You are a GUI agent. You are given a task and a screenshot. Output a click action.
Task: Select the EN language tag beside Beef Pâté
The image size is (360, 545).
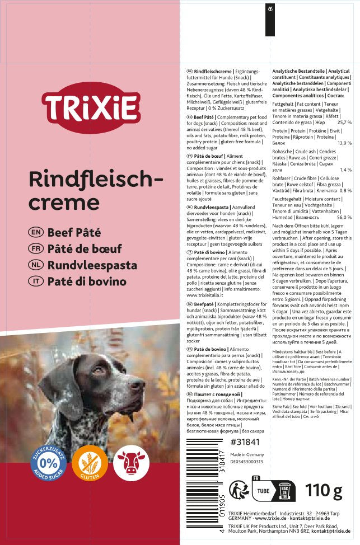[34, 231]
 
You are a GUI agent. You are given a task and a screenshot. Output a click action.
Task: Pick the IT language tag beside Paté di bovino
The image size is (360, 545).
[34, 281]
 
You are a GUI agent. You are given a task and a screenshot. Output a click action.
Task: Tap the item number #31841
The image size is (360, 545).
[246, 442]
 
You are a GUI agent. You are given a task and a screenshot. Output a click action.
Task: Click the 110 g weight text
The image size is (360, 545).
[324, 492]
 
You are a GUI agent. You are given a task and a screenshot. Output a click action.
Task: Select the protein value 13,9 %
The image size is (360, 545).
[344, 143]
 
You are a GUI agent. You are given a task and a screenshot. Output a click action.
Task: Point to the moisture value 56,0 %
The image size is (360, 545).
[344, 217]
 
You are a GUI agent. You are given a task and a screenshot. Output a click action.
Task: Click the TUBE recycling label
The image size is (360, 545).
[263, 491]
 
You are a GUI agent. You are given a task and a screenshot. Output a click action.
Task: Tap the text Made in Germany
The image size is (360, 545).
[247, 454]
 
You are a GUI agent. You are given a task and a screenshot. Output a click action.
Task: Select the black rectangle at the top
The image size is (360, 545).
[270, 18]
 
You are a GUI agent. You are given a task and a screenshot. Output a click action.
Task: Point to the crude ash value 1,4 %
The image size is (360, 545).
[345, 170]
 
